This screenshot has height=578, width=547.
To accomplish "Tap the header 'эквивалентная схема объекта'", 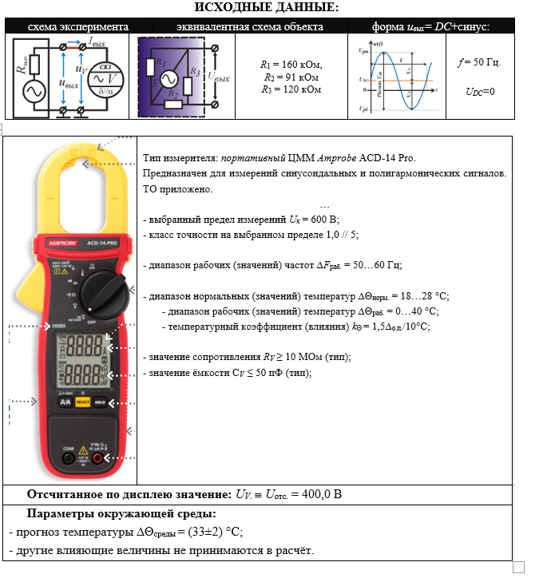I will (250, 26).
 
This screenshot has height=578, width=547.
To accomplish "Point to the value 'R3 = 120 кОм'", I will (291, 89).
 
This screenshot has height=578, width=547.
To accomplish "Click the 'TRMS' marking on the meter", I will (59, 327).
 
